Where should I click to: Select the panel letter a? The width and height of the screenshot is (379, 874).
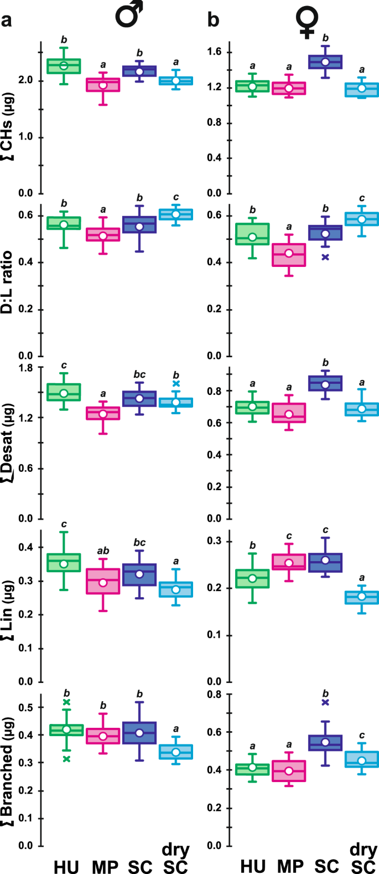7,21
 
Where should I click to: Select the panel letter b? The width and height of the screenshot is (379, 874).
213,20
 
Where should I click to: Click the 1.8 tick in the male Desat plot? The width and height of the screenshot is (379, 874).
24,368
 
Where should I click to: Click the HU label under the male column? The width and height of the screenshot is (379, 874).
66,866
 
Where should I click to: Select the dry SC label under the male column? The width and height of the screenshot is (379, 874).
175,858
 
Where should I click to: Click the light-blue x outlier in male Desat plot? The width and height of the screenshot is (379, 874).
176,383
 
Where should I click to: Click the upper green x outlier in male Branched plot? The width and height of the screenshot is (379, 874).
66,702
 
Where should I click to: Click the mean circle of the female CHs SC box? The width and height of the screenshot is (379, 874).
325,62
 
